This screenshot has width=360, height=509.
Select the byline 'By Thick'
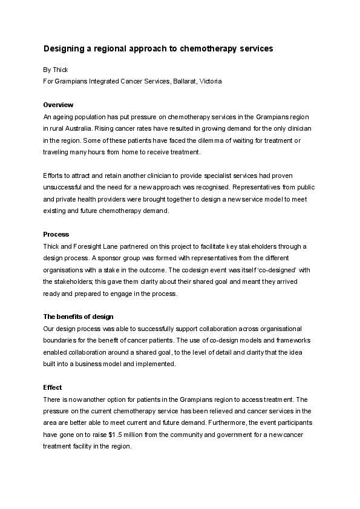point(56,70)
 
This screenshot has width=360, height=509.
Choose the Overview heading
point(58,105)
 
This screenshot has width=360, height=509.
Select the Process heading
point(56,234)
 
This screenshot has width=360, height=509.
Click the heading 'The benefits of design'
point(78,317)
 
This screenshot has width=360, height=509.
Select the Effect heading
point(52,387)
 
